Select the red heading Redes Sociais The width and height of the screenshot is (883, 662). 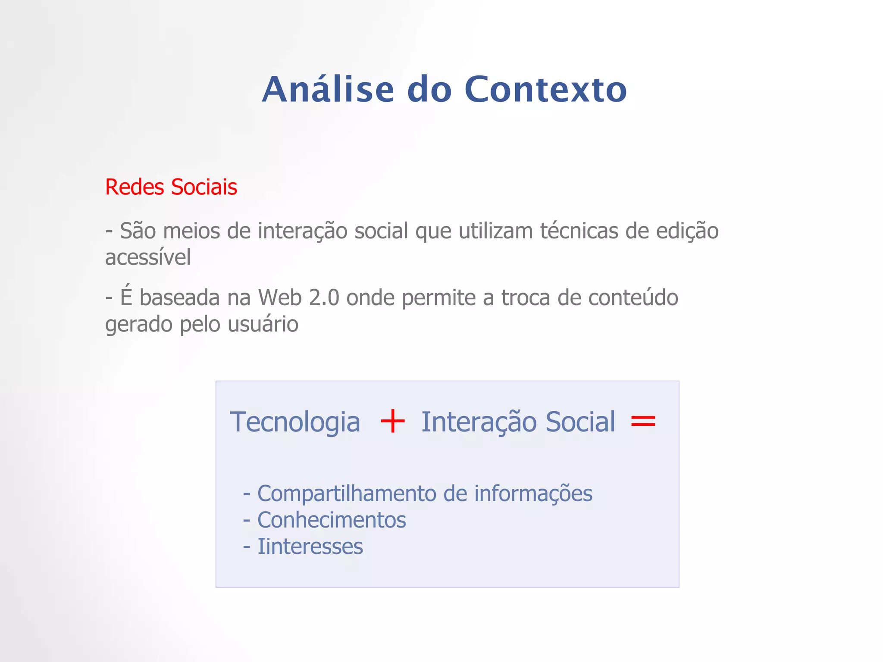pos(171,187)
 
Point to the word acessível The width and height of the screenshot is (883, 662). pos(148,258)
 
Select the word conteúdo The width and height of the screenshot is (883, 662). pos(633,298)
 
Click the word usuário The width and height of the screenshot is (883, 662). pos(263,324)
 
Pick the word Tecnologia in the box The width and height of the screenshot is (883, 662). pos(295,422)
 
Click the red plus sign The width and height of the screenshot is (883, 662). pos(392,422)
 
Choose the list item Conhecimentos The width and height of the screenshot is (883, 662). pos(332,520)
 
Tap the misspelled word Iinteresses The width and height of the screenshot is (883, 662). pos(310,546)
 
